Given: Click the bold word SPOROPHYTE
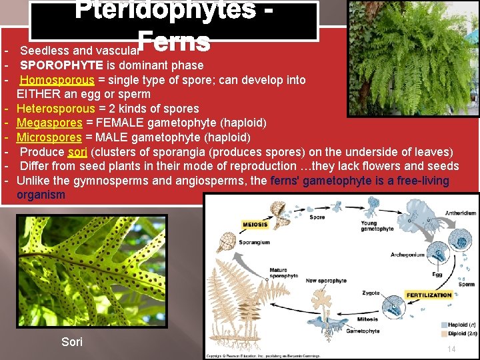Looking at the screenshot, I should coord(61,65).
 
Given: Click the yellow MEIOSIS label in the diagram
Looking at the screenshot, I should coord(255,225).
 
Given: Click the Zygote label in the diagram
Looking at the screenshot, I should coord(371,293).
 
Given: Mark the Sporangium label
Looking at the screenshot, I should coord(255,243).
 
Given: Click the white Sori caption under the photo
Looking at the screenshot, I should coord(72,342).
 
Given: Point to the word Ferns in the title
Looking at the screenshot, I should coord(174,41).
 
